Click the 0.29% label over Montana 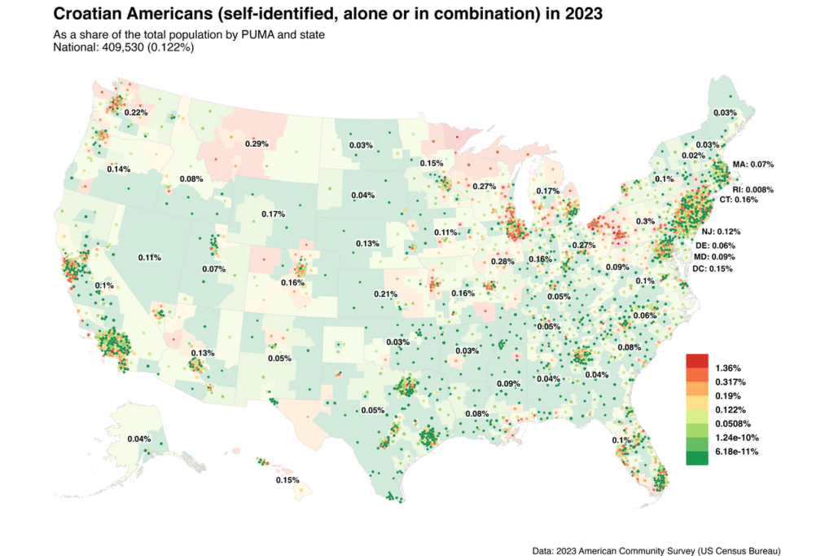coord(257,143)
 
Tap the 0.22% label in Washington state coord(136,113)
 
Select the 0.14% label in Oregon coord(119,169)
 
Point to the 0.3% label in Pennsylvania coord(645,221)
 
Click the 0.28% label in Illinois coord(503,262)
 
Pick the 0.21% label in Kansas coord(385,293)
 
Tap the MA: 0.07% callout coord(753,164)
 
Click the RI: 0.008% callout coord(753,190)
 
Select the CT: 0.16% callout coord(738,200)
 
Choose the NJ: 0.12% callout coord(721,232)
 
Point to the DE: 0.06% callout coord(715,245)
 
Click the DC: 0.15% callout coord(712,269)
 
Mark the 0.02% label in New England coord(693,156)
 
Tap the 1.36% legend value coord(727,368)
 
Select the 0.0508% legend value coord(733,424)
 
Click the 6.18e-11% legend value coord(736,452)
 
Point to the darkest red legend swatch coord(697,361)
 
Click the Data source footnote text coord(656,550)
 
